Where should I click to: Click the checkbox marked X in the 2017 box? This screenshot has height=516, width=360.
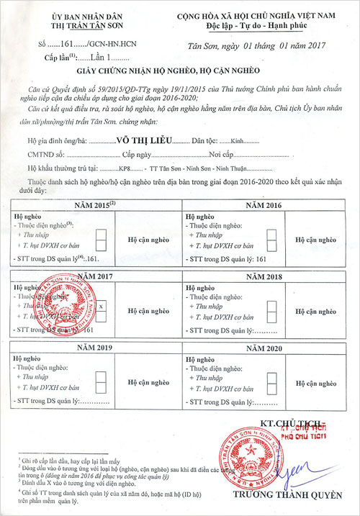pos(101,306)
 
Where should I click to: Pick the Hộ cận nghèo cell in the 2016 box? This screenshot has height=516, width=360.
pos(316,240)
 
